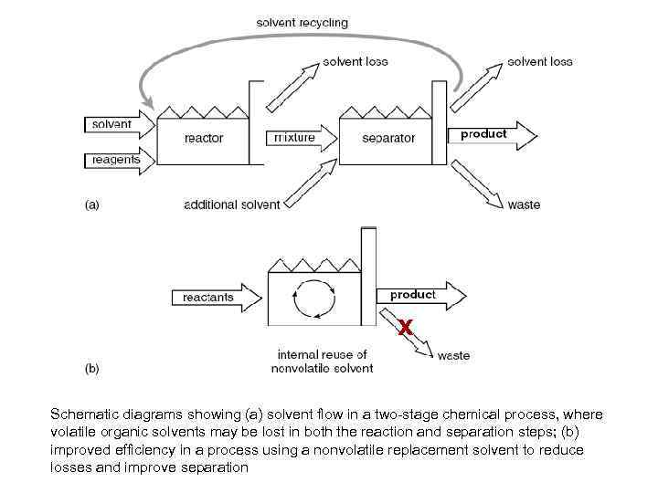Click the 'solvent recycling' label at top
[x=302, y=23]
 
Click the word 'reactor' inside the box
[x=203, y=139]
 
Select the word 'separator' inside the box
[x=388, y=139]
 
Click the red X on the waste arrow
[x=408, y=327]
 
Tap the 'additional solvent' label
[x=232, y=205]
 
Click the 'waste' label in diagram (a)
[x=524, y=205]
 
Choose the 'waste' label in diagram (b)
[x=453, y=355]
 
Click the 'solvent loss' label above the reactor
[x=355, y=61]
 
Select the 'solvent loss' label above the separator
[x=539, y=61]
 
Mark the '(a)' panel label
[x=92, y=205]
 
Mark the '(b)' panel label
[x=92, y=369]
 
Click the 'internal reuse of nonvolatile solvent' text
[x=322, y=362]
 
